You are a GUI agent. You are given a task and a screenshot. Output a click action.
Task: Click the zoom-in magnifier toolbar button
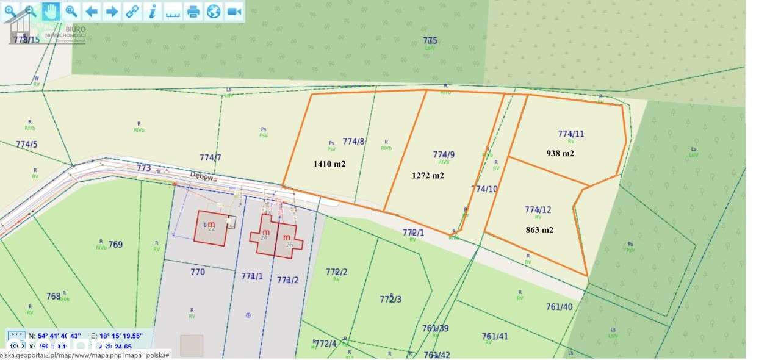10,10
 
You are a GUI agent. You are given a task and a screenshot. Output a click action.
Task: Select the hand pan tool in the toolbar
51,10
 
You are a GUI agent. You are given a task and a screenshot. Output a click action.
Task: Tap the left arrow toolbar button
92,11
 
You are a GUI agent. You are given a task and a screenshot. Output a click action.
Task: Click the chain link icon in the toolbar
132,11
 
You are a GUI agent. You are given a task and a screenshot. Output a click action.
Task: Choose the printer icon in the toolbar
193,11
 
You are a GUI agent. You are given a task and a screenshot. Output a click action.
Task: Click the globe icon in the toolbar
213,11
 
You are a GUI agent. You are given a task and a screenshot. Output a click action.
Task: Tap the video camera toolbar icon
234,11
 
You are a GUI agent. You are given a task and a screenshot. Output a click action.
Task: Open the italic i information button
153,11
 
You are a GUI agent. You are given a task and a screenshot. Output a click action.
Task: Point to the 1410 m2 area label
329,164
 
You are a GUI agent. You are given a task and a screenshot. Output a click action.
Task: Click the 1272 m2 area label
428,175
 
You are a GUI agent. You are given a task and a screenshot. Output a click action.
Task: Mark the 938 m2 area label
560,153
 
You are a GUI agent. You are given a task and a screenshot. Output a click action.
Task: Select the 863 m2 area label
539,230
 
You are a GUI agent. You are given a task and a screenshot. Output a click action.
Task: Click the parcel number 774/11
570,134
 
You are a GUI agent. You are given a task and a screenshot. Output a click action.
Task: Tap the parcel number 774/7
210,157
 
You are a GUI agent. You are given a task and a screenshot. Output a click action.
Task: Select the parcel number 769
115,245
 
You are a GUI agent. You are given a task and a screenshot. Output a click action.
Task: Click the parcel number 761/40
560,307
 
